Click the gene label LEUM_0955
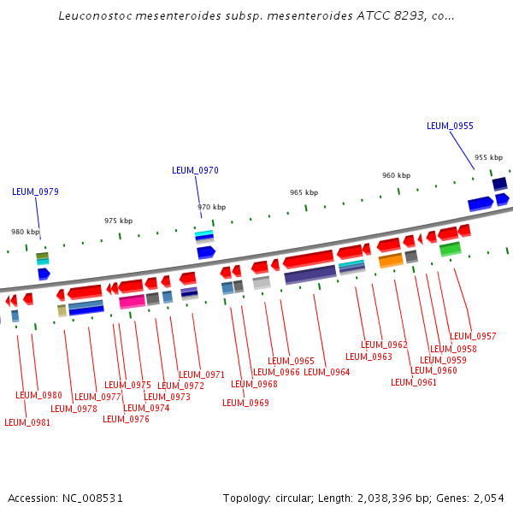(450, 126)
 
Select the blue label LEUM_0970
(195, 170)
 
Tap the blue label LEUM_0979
(35, 192)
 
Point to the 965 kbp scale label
(304, 192)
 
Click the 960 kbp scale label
(396, 175)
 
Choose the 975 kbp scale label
(118, 221)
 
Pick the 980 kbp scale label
(25, 232)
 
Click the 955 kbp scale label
(488, 157)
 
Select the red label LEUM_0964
(327, 372)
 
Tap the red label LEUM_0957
(473, 336)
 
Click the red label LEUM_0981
(27, 422)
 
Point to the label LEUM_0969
(245, 403)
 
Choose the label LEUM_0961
(414, 382)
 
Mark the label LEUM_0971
(202, 374)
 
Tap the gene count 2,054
(489, 498)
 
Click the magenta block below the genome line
(132, 301)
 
